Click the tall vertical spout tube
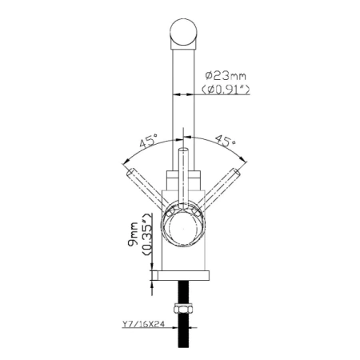pos(182,104)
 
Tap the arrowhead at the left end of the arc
pos(126,157)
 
